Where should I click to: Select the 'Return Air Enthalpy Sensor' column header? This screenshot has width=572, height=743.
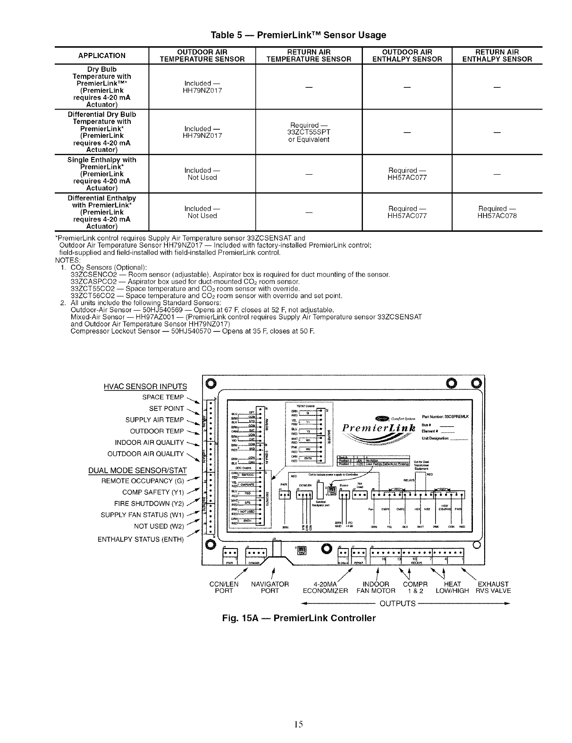coord(497,55)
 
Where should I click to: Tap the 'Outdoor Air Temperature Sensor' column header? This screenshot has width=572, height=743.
coord(202,55)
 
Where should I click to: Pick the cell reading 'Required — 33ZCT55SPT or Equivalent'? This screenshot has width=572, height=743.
coord(310,132)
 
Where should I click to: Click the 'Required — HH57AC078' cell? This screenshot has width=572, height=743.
coord(497,212)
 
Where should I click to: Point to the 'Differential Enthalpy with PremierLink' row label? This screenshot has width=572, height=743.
coord(101,212)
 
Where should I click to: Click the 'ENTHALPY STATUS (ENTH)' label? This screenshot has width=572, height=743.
coord(141,539)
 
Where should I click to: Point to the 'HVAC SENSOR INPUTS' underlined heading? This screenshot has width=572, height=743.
coord(145,387)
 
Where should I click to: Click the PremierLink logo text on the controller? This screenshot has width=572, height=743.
coord(380,428)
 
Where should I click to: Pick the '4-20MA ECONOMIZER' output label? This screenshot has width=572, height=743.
coord(325,587)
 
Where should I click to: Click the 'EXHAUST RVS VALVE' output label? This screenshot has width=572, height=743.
coord(493,587)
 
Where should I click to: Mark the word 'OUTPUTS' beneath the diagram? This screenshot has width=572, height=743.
coord(397,603)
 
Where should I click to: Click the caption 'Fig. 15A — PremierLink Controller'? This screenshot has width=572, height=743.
coord(300,618)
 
